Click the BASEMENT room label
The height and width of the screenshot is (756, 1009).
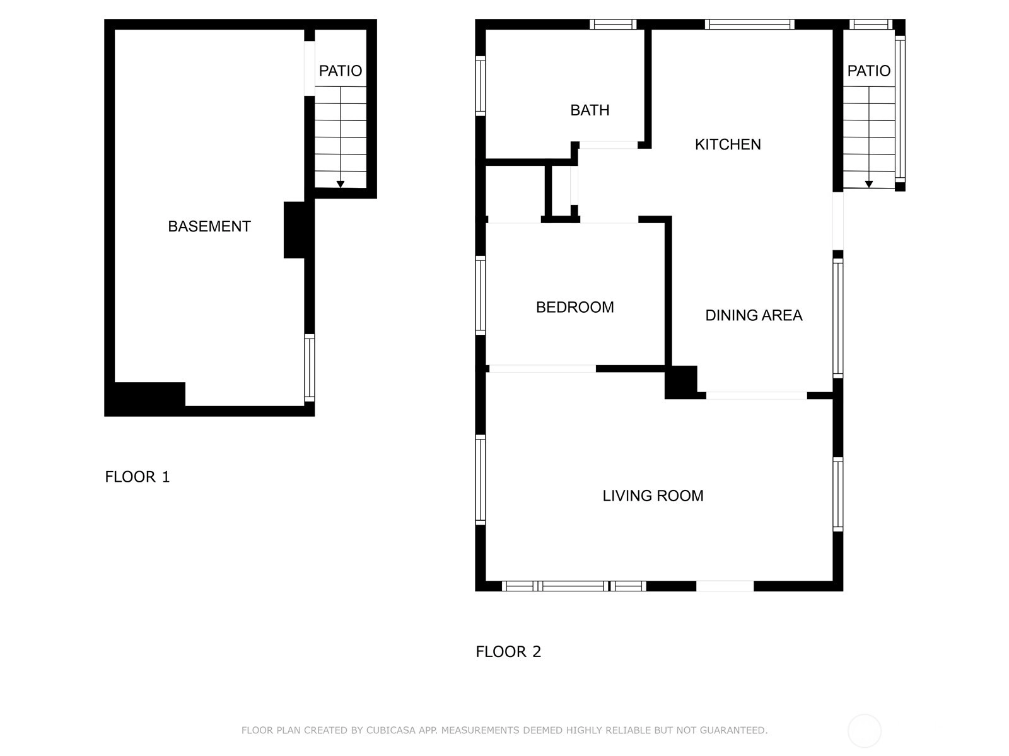[x=209, y=226]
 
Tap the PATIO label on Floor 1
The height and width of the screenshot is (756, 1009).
[x=340, y=71]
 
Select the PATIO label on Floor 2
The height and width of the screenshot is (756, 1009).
[x=868, y=71]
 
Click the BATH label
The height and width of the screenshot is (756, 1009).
[x=590, y=110]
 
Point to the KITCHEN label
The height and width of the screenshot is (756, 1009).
[x=728, y=144]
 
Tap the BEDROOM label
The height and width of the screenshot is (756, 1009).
[x=574, y=307]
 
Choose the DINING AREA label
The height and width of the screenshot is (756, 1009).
[x=754, y=315]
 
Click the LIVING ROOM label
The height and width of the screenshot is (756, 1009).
[x=653, y=496]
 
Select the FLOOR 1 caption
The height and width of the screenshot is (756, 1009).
[x=137, y=477]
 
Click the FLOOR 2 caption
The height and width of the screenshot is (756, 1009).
[x=508, y=651]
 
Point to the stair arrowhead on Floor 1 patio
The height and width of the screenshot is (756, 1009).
[x=340, y=184]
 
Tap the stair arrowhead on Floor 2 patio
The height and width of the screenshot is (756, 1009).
[x=868, y=184]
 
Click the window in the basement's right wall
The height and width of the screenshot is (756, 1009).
[x=310, y=368]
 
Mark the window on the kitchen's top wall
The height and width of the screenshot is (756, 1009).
[x=750, y=25]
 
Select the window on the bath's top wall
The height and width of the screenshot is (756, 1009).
[x=613, y=25]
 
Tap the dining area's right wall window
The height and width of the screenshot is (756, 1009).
[x=838, y=318]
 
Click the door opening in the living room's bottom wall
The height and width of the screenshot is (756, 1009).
[x=725, y=586]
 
